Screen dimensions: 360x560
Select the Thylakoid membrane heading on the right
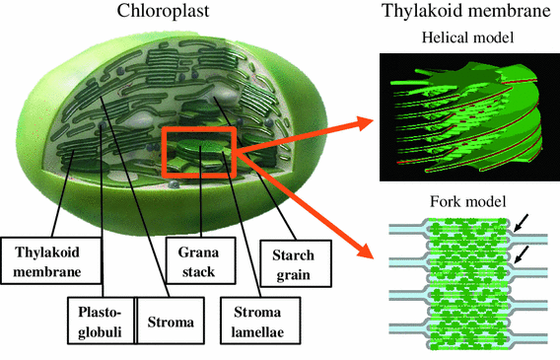(x=463, y=13)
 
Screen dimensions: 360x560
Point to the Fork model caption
(x=461, y=202)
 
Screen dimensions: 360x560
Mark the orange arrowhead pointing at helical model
(x=368, y=123)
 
